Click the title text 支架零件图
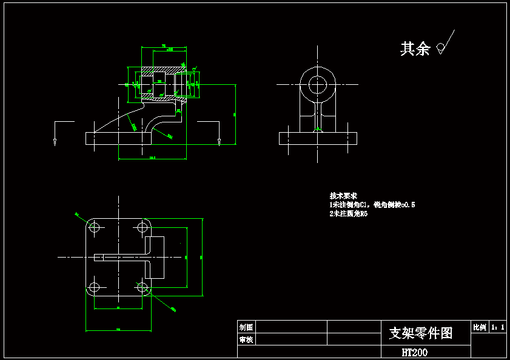[x=420, y=333]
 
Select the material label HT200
[x=414, y=352]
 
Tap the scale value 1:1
[x=498, y=327]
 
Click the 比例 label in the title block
[x=479, y=327]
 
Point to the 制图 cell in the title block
[x=246, y=327]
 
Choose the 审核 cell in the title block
[x=246, y=340]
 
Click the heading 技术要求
[x=343, y=196]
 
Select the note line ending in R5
[x=349, y=213]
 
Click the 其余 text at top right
[x=415, y=48]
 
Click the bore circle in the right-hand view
[x=317, y=85]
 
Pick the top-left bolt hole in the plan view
[x=94, y=227]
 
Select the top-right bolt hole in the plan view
[x=143, y=227]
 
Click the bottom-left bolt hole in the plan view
[x=94, y=287]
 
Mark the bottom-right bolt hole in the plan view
[x=143, y=287]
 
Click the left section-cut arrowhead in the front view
[x=55, y=142]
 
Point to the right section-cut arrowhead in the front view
[x=218, y=142]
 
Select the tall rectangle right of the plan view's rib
[x=155, y=258]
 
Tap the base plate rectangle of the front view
[x=118, y=138]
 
